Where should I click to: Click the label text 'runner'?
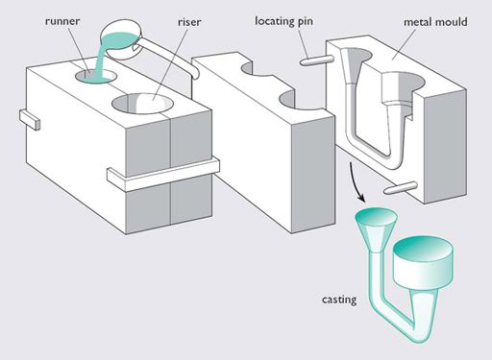[x=62, y=21]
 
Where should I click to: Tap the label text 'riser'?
[x=189, y=22]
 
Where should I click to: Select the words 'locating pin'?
[x=283, y=21]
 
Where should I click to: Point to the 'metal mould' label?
[x=435, y=22]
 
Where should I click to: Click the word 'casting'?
[x=339, y=300]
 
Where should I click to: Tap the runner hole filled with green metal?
[x=96, y=77]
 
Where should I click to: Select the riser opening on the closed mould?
[x=143, y=104]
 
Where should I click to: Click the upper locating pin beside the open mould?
[x=317, y=60]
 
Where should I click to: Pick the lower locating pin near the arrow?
[x=401, y=188]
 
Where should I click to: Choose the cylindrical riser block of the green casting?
[x=424, y=262]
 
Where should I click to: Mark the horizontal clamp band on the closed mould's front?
[x=163, y=175]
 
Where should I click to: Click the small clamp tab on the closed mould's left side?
[x=30, y=119]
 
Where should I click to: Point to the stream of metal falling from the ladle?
[x=102, y=60]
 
